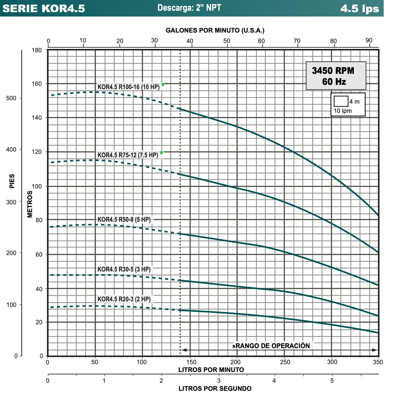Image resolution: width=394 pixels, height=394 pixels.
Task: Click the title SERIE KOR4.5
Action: [44, 9]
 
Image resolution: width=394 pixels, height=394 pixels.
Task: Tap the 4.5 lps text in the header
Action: [360, 9]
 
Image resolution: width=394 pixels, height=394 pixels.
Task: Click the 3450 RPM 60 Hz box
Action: [336, 76]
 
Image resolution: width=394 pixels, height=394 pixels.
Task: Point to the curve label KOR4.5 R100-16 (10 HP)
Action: [128, 87]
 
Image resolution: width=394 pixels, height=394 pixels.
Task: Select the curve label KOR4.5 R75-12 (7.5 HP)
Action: [128, 155]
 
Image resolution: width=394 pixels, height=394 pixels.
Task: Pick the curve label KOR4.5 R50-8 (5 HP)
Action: [124, 219]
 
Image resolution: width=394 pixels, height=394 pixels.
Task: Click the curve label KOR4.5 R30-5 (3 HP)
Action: [124, 269]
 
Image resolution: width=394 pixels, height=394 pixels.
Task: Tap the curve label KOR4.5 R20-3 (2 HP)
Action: [124, 299]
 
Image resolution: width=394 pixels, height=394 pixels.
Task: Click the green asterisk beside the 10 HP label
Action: [163, 85]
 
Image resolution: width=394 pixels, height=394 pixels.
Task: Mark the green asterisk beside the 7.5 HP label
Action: [161, 153]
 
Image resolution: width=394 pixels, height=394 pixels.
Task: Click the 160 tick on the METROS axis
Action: [41, 83]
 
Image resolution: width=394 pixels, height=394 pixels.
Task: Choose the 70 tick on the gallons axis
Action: [297, 41]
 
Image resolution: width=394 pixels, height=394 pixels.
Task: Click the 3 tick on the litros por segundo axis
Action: [219, 380]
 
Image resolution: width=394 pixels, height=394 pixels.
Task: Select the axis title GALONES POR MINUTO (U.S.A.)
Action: [215, 31]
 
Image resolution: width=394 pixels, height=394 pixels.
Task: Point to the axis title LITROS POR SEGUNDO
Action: [215, 389]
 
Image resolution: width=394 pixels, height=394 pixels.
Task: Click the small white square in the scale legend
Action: [341, 101]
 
